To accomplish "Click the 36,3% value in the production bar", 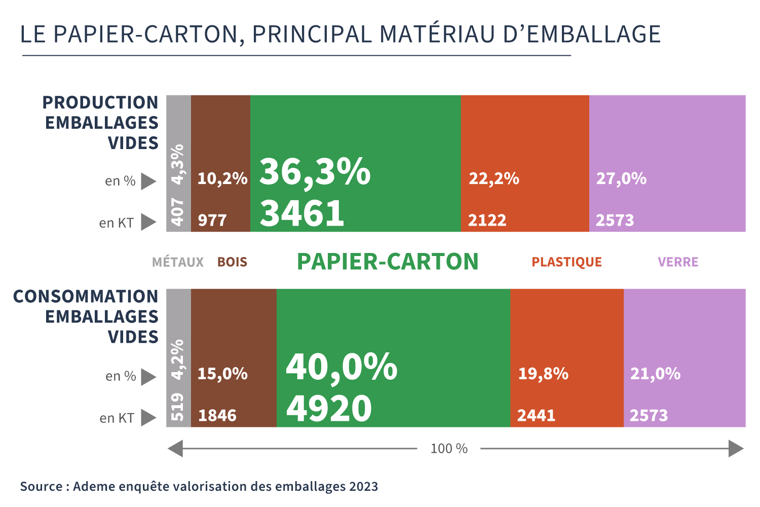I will [x=315, y=172].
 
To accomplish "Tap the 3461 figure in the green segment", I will [x=302, y=213].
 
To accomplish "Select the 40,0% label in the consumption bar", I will [x=341, y=367].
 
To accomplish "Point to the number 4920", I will [x=329, y=409].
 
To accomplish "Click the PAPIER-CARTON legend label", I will [x=388, y=262].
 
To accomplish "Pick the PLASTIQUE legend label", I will [x=566, y=262].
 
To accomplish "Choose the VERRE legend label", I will [x=678, y=262].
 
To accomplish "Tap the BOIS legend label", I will [x=232, y=262].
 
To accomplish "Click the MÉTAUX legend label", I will [x=178, y=262].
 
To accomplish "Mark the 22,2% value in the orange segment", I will [x=494, y=178].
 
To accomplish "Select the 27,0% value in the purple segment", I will [x=621, y=178].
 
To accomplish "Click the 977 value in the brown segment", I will [x=212, y=221].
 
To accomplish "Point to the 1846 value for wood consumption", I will [x=217, y=416].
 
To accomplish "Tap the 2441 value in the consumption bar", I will [x=536, y=416].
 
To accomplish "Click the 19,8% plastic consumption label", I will [x=543, y=374].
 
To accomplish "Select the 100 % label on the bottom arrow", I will [x=449, y=449].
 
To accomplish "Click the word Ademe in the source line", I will [x=94, y=487].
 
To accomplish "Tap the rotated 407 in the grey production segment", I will [x=178, y=212].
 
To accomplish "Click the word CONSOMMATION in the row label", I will [x=86, y=297].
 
